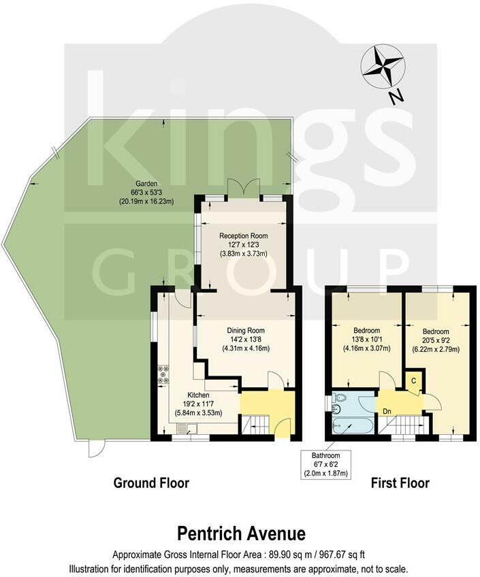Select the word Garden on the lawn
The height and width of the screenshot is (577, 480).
tap(146, 184)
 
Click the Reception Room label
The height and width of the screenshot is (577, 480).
tap(243, 235)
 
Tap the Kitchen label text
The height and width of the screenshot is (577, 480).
tap(199, 395)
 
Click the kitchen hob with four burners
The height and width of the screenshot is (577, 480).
tap(164, 375)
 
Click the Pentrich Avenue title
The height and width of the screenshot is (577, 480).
tap(241, 532)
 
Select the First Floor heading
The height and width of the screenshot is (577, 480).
tap(400, 483)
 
